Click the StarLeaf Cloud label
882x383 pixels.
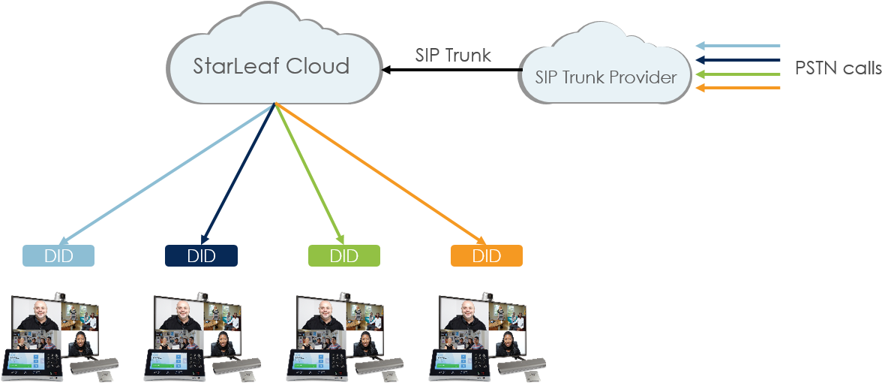click(x=271, y=66)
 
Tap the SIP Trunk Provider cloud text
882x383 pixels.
click(x=606, y=77)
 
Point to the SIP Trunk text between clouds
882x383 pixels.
click(x=453, y=55)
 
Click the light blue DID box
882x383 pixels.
click(x=58, y=256)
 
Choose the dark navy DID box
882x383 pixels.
click(x=201, y=256)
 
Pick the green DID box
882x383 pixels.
click(x=343, y=256)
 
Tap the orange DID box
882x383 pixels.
click(x=486, y=256)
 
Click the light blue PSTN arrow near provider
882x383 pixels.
click(x=738, y=46)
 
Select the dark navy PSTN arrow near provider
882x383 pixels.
click(x=738, y=60)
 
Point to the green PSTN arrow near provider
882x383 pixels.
click(x=738, y=74)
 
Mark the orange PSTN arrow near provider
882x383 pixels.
click(x=738, y=89)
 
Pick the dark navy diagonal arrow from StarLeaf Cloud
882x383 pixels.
click(x=238, y=174)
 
